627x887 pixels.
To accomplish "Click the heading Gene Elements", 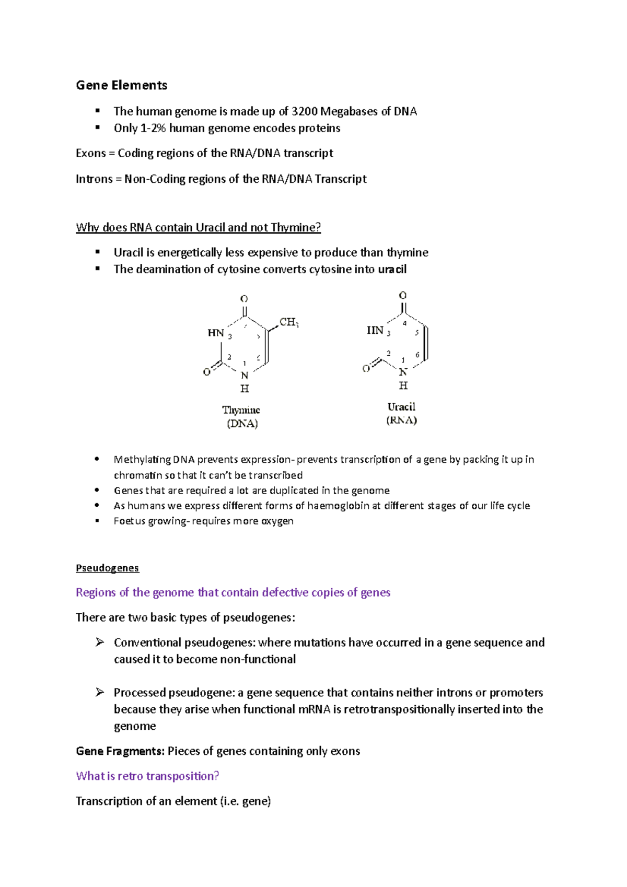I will [x=121, y=85].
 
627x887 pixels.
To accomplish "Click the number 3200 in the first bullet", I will [x=304, y=111].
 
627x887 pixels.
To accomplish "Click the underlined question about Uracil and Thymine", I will [x=198, y=227].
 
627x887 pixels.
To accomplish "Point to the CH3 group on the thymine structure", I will [x=288, y=322].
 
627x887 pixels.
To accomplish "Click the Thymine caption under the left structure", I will [x=241, y=410].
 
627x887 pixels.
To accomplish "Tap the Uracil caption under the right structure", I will [x=401, y=407].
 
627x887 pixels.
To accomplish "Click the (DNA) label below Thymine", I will [x=242, y=424].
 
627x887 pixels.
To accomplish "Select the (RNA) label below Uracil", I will [x=401, y=421].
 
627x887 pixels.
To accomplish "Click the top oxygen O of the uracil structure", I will [x=403, y=296].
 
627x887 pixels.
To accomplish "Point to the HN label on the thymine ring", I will [x=216, y=333].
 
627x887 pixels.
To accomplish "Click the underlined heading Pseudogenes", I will [x=107, y=568].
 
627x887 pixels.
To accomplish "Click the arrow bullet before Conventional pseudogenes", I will [x=100, y=643].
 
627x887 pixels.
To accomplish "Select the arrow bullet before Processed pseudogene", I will [x=100, y=693].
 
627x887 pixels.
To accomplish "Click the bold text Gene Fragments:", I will [x=120, y=751].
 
